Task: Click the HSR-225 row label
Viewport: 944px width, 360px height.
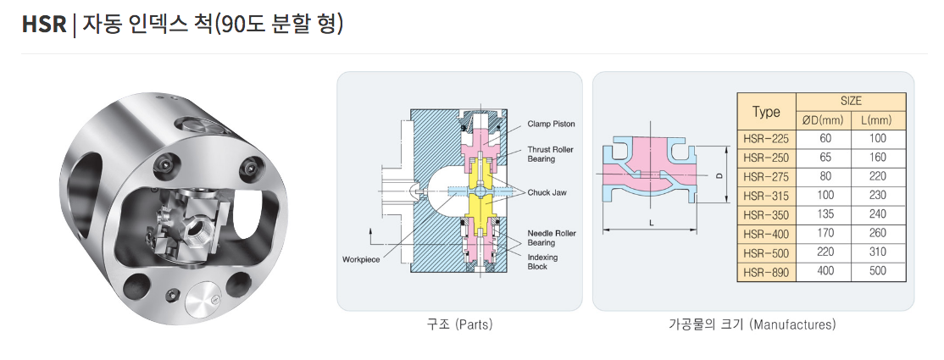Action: click(x=765, y=138)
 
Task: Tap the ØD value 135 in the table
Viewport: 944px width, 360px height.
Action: click(x=825, y=214)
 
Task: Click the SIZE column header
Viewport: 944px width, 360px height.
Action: click(x=851, y=101)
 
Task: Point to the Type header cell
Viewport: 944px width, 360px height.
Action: click(x=766, y=111)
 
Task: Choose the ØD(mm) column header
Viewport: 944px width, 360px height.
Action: click(x=825, y=120)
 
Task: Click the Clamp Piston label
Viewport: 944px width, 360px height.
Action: click(x=551, y=124)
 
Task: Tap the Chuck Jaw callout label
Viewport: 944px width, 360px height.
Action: click(x=547, y=192)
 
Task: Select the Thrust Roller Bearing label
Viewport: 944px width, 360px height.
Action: click(x=551, y=154)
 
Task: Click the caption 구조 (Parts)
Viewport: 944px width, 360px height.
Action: click(x=459, y=324)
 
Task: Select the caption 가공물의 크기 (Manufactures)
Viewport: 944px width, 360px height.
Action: click(x=752, y=324)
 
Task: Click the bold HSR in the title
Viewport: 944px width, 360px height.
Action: click(x=44, y=24)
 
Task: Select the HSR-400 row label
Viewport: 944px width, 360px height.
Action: click(x=765, y=234)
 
